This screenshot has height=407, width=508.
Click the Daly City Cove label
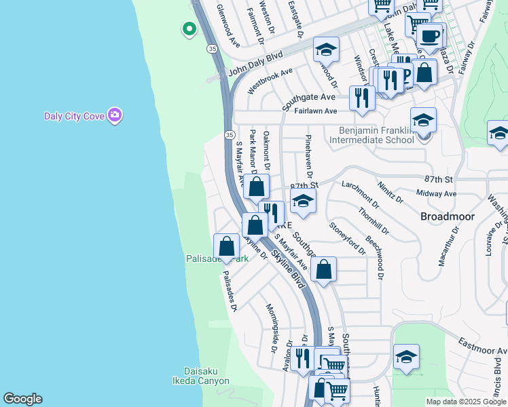pos(74,116)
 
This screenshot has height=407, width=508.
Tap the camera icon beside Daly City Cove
pos(114,115)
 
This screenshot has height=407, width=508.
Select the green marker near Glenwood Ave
pos(189,29)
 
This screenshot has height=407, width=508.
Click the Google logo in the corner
pos(22,399)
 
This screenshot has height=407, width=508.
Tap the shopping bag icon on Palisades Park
pos(226,246)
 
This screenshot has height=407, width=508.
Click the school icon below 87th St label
pos(303,201)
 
